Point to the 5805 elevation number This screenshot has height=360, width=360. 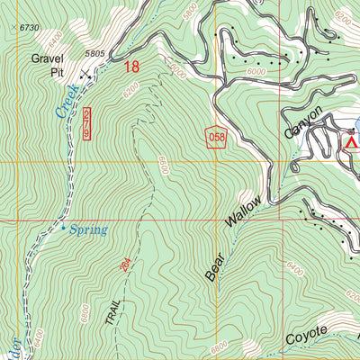pos(95,55)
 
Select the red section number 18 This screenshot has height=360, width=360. pos(132,66)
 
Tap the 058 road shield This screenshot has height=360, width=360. pos(214,136)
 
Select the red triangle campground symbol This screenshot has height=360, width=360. pos(353,140)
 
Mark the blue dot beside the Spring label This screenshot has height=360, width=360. pos(63,228)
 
